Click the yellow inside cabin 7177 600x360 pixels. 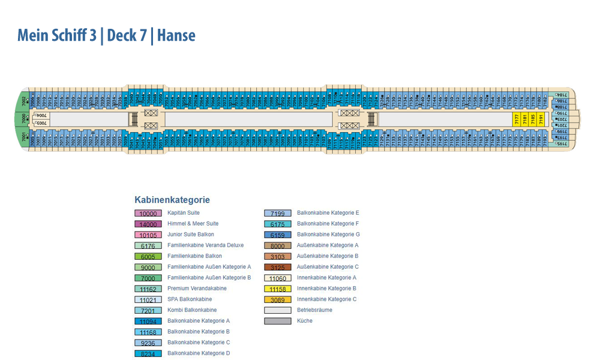click(x=517, y=119)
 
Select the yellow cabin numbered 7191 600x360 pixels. click(x=541, y=119)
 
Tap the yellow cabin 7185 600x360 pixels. click(x=533, y=119)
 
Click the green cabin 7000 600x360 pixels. click(x=24, y=119)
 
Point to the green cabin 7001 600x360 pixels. click(x=25, y=139)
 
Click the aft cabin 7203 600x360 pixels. click(x=560, y=119)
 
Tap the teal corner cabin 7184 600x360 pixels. click(x=561, y=95)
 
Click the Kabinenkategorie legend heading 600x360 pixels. click(x=172, y=200)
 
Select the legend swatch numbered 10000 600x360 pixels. click(x=148, y=214)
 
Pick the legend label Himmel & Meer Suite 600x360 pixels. click(x=193, y=224)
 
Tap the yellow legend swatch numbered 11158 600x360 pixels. click(x=278, y=289)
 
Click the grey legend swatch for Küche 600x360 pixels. click(x=278, y=321)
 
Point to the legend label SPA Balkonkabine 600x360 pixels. click(x=190, y=299)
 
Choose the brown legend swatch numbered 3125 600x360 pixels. click(x=278, y=267)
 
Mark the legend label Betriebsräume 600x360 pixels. click(x=314, y=310)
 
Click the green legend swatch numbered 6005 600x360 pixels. click(x=148, y=256)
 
